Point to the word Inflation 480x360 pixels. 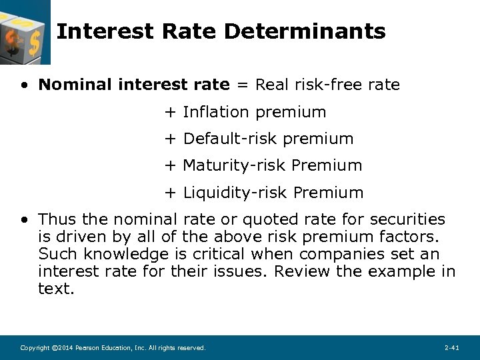tap(215, 112)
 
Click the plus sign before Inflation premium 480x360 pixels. tap(170, 112)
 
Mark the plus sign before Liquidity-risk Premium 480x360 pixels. tap(170, 193)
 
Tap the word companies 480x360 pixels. tap(341, 254)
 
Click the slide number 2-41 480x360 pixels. tap(451, 348)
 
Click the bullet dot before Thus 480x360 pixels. tap(25, 220)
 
